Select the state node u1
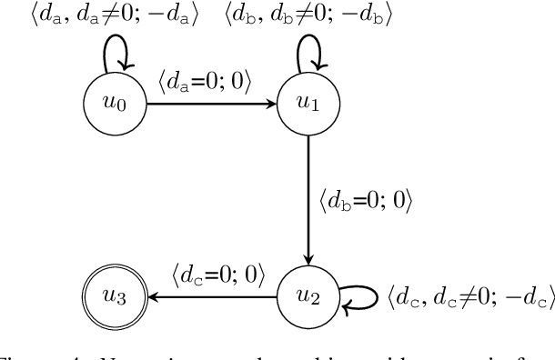[x=308, y=105]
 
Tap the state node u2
[x=308, y=295]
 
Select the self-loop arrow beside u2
[x=359, y=296]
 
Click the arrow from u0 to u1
[x=209, y=105]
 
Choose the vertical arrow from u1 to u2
[x=308, y=200]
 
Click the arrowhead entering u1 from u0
[x=273, y=105]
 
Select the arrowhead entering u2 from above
[x=308, y=257]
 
